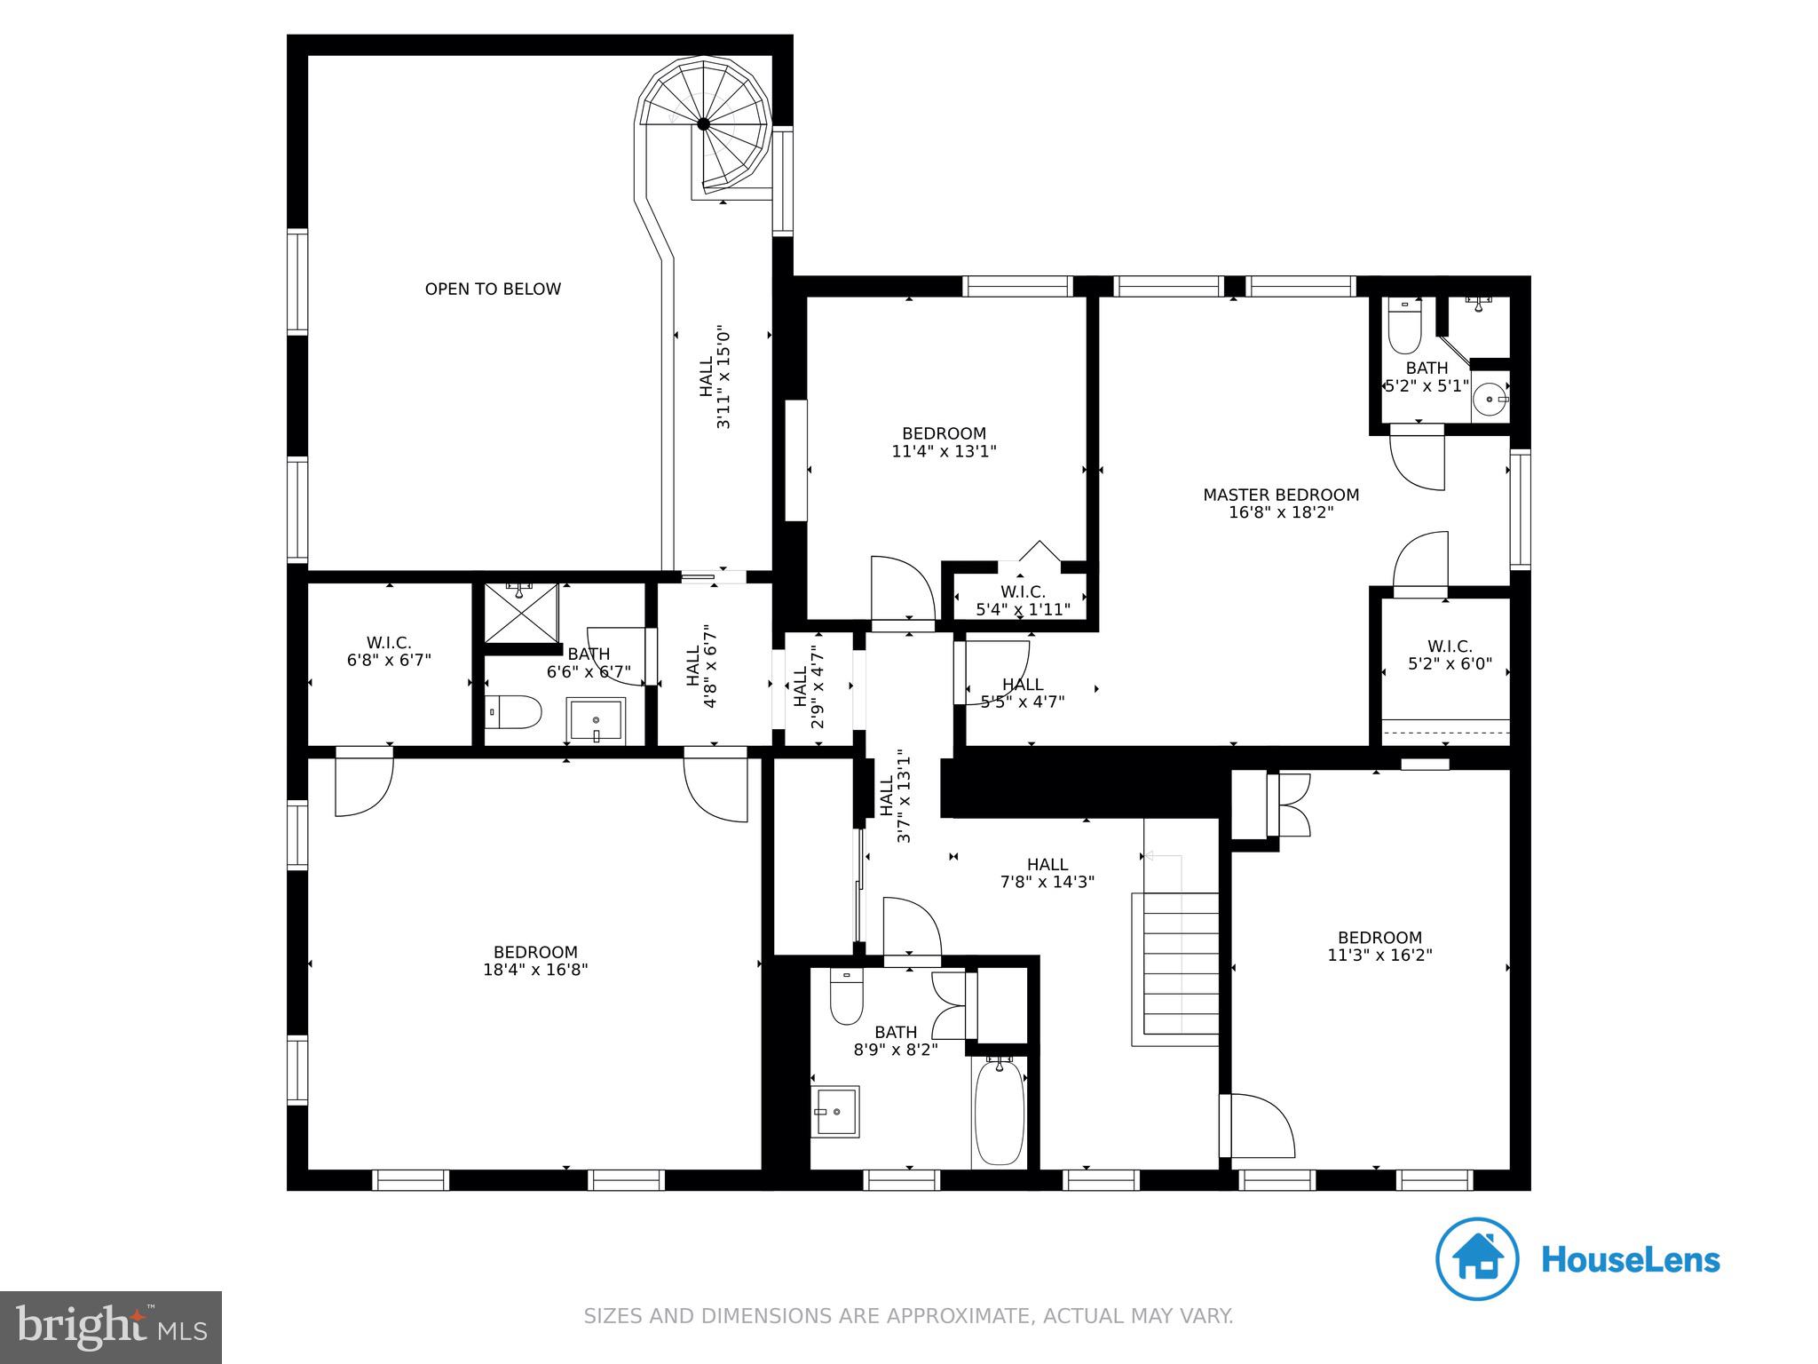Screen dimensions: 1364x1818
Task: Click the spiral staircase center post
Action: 703,124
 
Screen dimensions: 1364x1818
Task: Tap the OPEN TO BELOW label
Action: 493,289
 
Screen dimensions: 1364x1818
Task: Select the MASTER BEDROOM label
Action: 1280,495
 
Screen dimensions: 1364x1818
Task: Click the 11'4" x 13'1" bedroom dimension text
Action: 944,451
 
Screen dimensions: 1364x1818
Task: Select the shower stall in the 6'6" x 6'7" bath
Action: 521,613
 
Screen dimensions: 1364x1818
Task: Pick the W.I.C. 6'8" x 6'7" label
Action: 389,651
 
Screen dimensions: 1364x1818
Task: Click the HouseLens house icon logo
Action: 1477,1259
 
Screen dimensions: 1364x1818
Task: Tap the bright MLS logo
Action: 111,1327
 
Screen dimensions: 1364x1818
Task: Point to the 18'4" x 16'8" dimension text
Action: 535,970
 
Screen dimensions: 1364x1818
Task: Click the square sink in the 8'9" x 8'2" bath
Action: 834,1111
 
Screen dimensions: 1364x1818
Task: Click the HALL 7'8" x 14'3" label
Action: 1047,873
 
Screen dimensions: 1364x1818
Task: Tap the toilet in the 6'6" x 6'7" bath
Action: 515,712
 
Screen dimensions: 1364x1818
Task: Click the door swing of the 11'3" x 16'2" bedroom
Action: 1259,1126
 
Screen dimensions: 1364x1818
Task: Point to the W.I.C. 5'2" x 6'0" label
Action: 1450,654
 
